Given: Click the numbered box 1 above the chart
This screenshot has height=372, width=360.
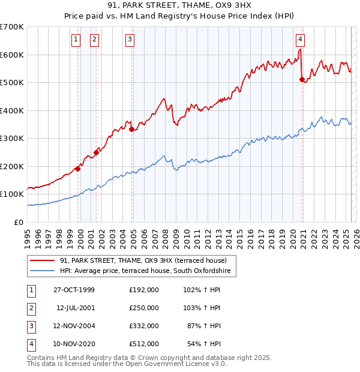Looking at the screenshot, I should coord(76,40).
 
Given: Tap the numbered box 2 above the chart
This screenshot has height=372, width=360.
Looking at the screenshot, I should coord(95,40).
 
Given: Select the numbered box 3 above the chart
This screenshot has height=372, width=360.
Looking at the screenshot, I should coord(130,40).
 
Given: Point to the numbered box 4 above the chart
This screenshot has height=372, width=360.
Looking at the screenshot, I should coord(300,40).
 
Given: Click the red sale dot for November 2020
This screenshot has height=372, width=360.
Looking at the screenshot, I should coord(302,79).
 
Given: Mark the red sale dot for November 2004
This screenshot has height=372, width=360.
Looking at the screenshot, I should coord(131,129).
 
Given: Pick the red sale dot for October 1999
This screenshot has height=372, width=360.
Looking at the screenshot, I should coord(77,169).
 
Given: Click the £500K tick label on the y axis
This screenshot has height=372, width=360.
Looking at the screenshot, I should coord(12,82).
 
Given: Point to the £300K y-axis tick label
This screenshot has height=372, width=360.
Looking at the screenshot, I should coord(12,138).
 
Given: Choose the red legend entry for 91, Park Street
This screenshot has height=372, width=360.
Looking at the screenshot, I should coord(143,260).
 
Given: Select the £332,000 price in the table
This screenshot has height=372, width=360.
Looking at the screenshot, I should coord(144,326).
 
